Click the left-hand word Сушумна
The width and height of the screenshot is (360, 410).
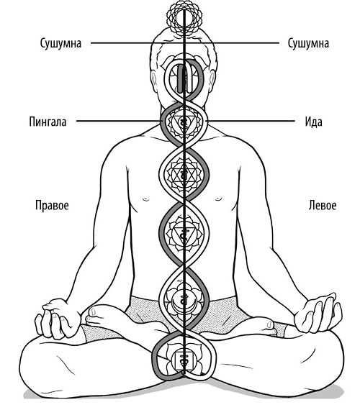pos(60,43)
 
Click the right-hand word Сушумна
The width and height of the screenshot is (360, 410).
pos(308,43)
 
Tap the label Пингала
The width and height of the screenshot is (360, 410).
pos(48,122)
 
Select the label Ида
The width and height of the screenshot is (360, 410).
pos(313,122)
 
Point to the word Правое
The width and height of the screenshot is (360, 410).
pos(52,206)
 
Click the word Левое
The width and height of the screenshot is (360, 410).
pos(323,205)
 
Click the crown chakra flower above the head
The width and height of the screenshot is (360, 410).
pos(184,18)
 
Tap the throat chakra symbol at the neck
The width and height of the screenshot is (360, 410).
pos(184,122)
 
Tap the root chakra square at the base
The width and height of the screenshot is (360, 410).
pos(184,361)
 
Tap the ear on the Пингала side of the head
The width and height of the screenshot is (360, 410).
pos(155,81)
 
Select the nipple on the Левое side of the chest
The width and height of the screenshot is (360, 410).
pos(218,199)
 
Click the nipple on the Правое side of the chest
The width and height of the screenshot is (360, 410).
pos(145,199)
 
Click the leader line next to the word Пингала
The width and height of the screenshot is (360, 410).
pos(118,121)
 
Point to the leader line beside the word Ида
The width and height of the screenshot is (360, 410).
pos(251,121)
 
